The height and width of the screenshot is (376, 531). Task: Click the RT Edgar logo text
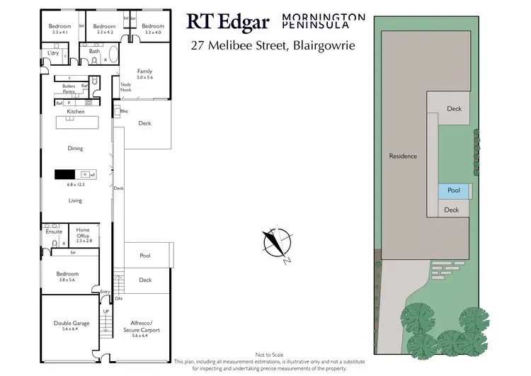[x=227, y=21]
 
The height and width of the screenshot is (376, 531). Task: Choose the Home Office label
[x=83, y=232]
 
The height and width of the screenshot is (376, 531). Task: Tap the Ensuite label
[x=54, y=232]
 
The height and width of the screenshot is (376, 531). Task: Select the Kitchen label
[x=75, y=112]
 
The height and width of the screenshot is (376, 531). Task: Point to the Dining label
[x=75, y=149]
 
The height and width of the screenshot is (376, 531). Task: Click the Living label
[x=75, y=200]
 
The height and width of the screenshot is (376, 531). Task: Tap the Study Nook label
[x=126, y=87]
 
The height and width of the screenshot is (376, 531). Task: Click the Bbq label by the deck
[x=124, y=111]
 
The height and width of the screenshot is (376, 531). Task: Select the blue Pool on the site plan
[x=453, y=190]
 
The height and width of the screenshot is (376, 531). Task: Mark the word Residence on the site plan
[x=404, y=156]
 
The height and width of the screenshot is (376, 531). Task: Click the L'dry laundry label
[x=53, y=53]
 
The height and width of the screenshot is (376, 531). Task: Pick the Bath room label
[x=94, y=52]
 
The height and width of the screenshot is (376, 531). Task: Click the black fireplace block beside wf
[x=64, y=174]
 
